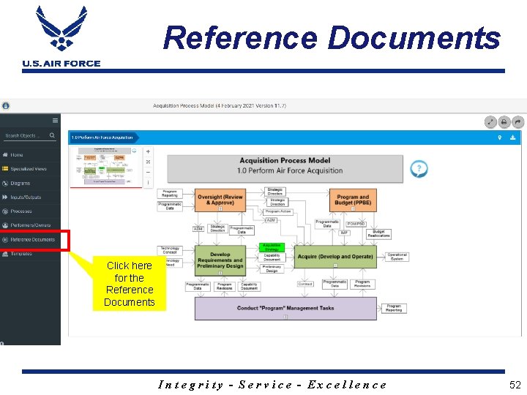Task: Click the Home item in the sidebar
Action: tap(16, 155)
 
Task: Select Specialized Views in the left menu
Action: tap(28, 169)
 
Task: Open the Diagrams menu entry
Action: tap(20, 183)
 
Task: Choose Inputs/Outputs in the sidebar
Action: tap(25, 197)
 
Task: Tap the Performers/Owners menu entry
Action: tap(30, 225)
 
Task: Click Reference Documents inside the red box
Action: tap(32, 240)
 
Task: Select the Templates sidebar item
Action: tap(21, 254)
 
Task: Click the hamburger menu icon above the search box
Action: tap(55, 120)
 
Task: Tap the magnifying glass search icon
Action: tap(52, 135)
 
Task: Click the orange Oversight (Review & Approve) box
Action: tap(220, 199)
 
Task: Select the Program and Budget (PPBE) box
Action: tap(353, 199)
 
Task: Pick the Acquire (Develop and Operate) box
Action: tap(335, 257)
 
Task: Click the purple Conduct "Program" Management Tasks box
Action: tap(285, 308)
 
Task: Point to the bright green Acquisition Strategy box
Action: tap(272, 247)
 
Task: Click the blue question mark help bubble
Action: tap(418, 169)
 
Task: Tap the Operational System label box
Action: tap(397, 257)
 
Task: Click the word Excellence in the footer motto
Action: tap(347, 385)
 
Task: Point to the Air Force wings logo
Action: tap(61, 29)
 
